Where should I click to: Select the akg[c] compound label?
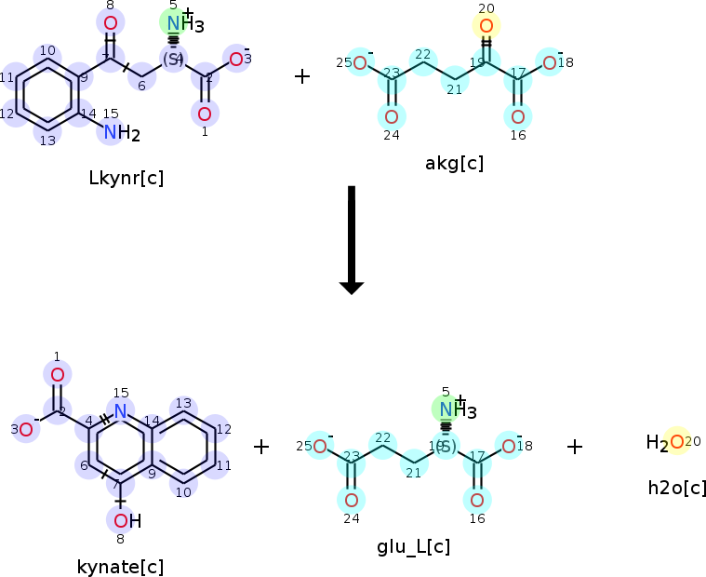click(454, 164)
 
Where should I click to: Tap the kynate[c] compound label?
click(120, 565)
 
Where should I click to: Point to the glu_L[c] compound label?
click(413, 546)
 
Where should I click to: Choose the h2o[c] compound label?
click(677, 488)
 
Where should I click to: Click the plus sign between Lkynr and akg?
click(302, 75)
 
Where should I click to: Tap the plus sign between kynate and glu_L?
click(261, 447)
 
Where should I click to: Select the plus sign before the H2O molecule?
click(575, 447)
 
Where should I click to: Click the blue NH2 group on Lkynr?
click(119, 133)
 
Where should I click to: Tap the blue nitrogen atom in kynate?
click(120, 409)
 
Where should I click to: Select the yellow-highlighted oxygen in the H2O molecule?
click(676, 442)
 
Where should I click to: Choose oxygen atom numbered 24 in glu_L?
click(352, 500)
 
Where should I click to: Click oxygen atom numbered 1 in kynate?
click(57, 375)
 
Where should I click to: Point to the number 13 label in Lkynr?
click(47, 141)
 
